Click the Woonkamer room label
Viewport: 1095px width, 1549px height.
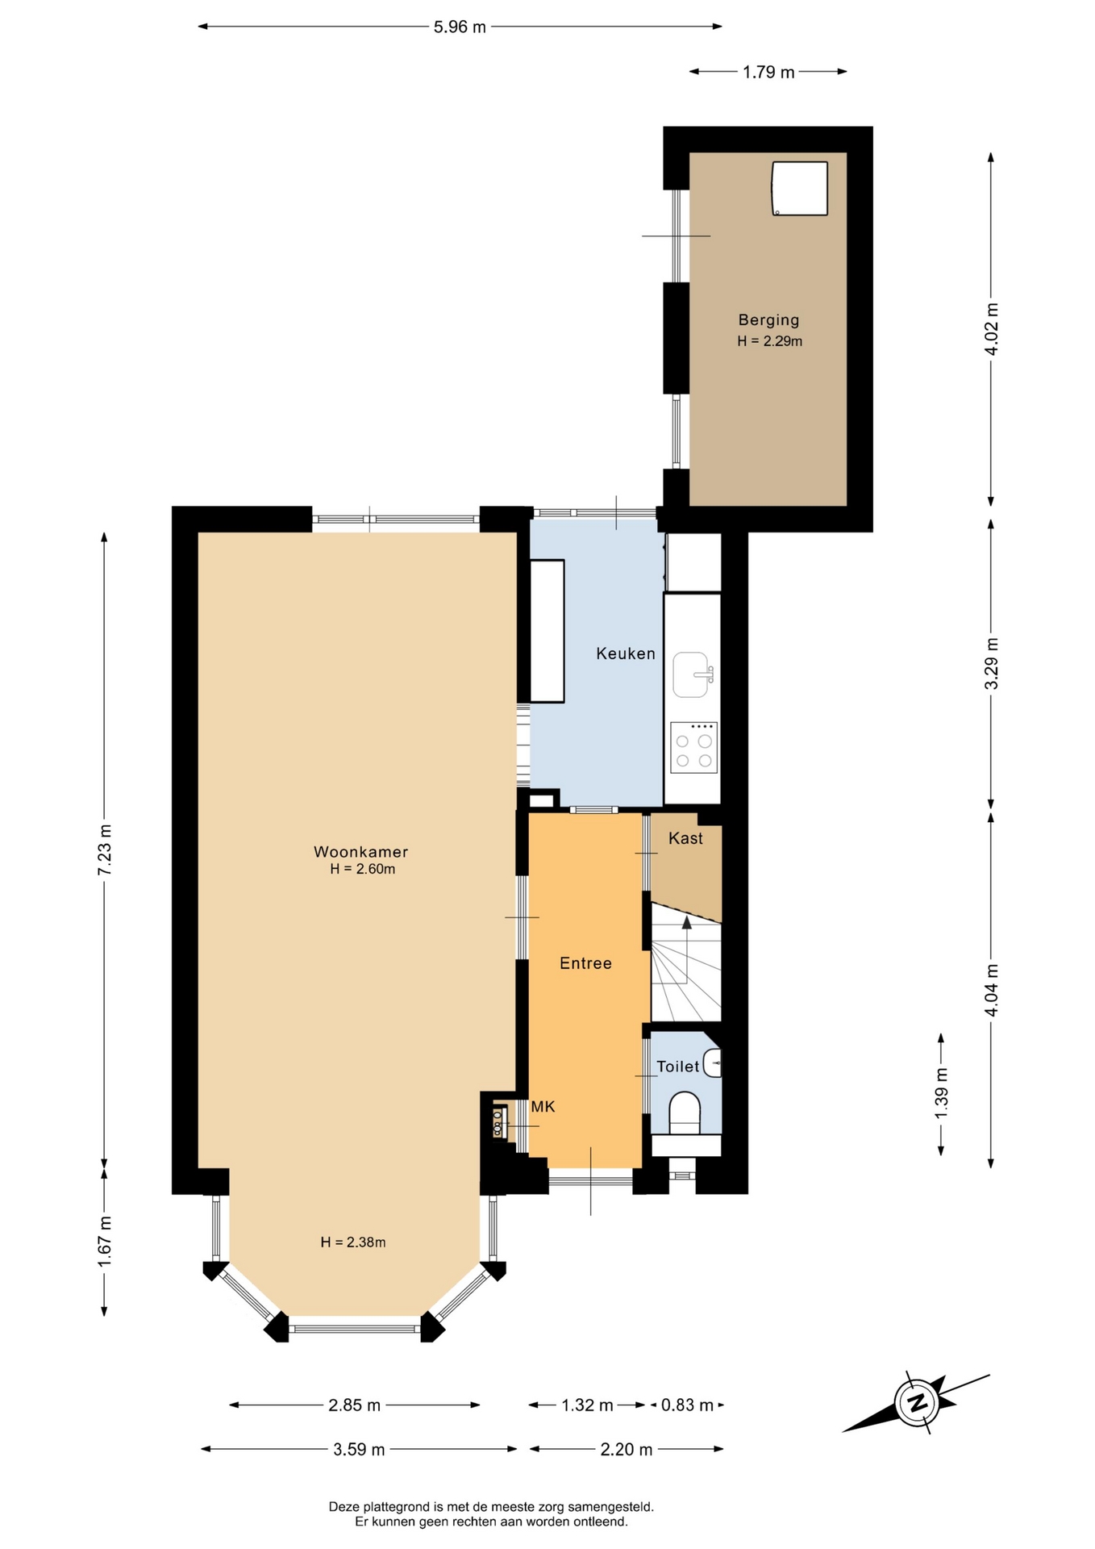360,852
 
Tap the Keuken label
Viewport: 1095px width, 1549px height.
626,653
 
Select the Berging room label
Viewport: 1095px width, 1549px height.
768,320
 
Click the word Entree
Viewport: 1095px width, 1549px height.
585,963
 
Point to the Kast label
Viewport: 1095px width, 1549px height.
685,838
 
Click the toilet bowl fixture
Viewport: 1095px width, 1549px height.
685,1113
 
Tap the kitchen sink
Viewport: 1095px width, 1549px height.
692,674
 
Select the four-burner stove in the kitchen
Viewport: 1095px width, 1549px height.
693,748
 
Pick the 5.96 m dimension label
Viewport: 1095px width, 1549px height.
460,27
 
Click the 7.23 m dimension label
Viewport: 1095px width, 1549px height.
105,850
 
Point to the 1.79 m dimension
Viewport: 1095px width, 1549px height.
768,72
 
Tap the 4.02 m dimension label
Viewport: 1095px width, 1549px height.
992,328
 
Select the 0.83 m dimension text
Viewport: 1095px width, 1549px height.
687,1405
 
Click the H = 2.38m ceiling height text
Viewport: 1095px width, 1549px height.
353,1242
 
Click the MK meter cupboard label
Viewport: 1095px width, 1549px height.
543,1107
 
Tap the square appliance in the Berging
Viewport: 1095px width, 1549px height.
800,189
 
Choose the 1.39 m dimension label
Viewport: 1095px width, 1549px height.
941,1093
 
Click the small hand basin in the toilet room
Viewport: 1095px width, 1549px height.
712,1063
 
